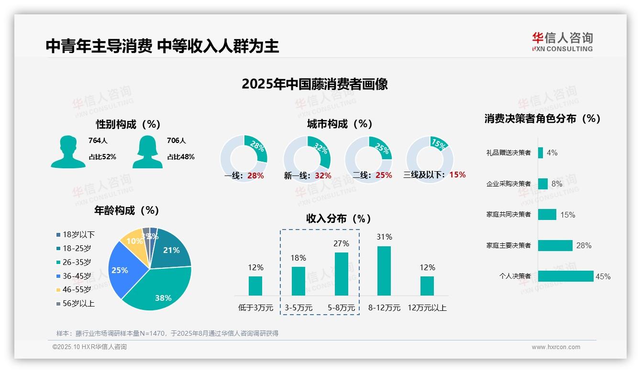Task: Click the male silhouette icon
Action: coord(68,152)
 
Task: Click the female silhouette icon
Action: coord(147,152)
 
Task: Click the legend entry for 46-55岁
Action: coord(74,289)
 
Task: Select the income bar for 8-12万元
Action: coord(384,271)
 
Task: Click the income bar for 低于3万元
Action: coord(255,285)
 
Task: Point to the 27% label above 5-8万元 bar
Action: coord(341,243)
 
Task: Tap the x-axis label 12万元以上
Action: coord(427,307)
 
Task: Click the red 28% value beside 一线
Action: coord(255,176)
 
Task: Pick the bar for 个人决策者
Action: coord(565,276)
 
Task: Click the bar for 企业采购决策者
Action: coord(542,184)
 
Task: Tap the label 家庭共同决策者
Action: coord(508,215)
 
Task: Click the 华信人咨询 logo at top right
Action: coord(562,42)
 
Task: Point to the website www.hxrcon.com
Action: coord(555,347)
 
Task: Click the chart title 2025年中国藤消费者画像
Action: coord(314,84)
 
